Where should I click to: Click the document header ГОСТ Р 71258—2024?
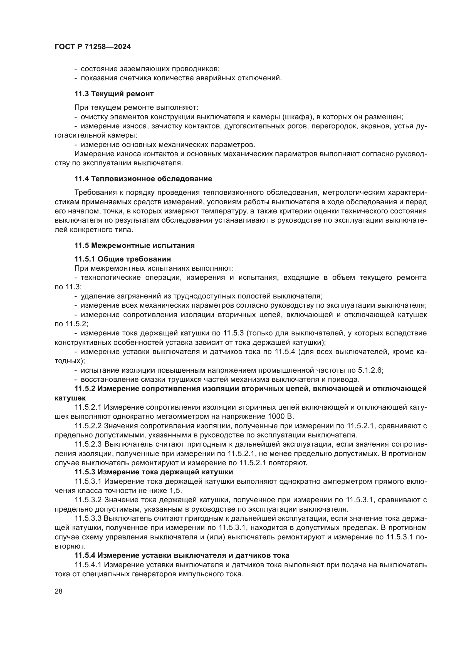[x=93, y=47]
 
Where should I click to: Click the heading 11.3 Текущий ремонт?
[x=114, y=94]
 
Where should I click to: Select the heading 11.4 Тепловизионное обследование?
[x=143, y=179]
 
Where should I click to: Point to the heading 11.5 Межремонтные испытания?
[x=135, y=245]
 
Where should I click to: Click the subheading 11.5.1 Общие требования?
[x=123, y=259]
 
